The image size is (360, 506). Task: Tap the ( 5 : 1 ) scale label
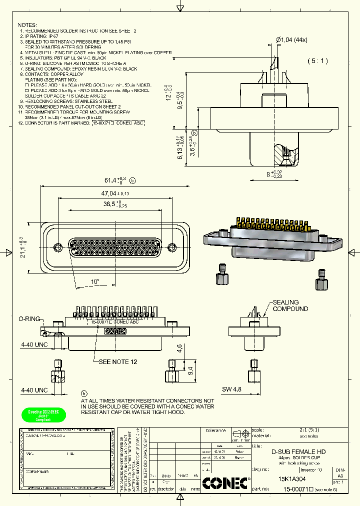[317, 61]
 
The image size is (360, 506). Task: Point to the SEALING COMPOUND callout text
[290, 305]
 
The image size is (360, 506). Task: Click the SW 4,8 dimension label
[232, 389]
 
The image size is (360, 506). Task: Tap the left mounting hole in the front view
[58, 247]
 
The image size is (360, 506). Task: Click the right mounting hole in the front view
[172, 247]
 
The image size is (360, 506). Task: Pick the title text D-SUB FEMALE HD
[298, 451]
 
